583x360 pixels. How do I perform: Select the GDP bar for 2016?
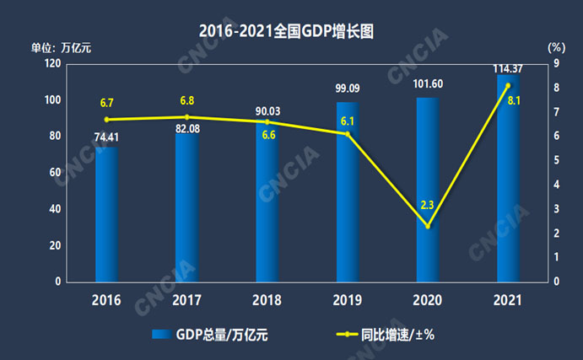point(106,215)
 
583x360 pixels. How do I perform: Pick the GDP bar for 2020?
point(428,190)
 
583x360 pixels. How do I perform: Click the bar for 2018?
point(267,202)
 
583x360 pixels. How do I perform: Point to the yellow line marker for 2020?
point(428,226)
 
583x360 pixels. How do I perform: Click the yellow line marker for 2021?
point(508,85)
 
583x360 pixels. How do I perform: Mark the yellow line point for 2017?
point(186,117)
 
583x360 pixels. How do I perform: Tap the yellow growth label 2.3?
point(428,205)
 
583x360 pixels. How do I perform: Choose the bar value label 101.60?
point(428,83)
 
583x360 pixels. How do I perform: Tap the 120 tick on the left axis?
point(51,64)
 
